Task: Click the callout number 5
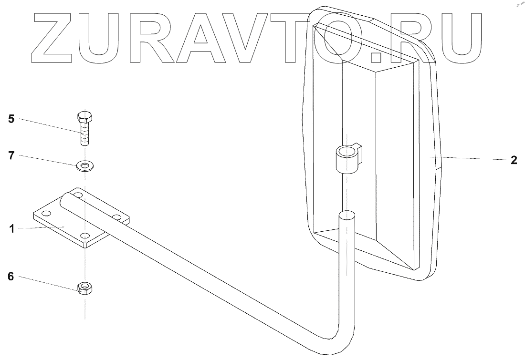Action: pyautogui.click(x=11, y=119)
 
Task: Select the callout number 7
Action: pyautogui.click(x=11, y=155)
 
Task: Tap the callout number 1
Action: pyautogui.click(x=11, y=228)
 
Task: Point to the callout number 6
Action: pyautogui.click(x=11, y=276)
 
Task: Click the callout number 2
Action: pyautogui.click(x=514, y=160)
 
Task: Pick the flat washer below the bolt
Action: pyautogui.click(x=85, y=166)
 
